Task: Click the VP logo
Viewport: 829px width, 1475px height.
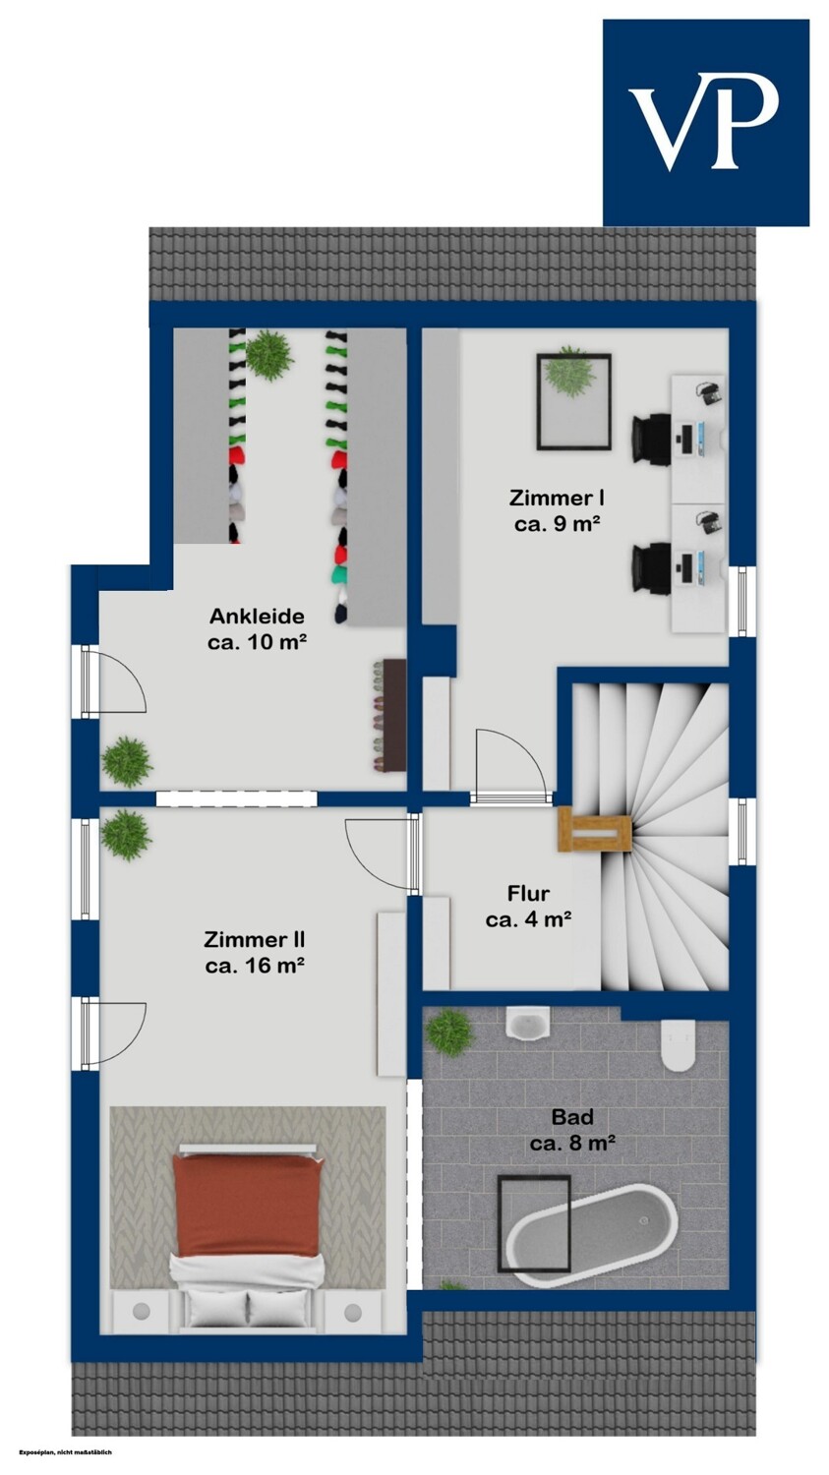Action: pyautogui.click(x=706, y=123)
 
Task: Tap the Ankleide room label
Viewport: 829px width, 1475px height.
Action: pyautogui.click(x=258, y=629)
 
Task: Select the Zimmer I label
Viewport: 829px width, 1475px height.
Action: pyautogui.click(x=557, y=510)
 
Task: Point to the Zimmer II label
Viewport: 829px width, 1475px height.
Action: pyautogui.click(x=254, y=952)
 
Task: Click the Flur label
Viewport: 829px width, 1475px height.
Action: pyautogui.click(x=528, y=906)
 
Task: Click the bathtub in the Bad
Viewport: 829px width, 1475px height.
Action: pyautogui.click(x=592, y=1235)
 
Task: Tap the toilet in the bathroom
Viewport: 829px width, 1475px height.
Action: pyautogui.click(x=678, y=1045)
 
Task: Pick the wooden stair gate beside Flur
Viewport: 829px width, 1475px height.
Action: pyautogui.click(x=595, y=830)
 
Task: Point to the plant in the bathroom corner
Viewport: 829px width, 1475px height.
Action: pyautogui.click(x=449, y=1032)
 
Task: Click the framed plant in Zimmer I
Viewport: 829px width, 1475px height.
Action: pyautogui.click(x=573, y=401)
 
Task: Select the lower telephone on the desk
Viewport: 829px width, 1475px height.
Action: pyautogui.click(x=709, y=522)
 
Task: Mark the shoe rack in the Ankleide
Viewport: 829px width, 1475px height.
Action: pyautogui.click(x=388, y=715)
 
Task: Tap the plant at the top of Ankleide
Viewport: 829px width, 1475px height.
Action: pyautogui.click(x=269, y=354)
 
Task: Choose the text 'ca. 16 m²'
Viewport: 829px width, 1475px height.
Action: pyautogui.click(x=254, y=966)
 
